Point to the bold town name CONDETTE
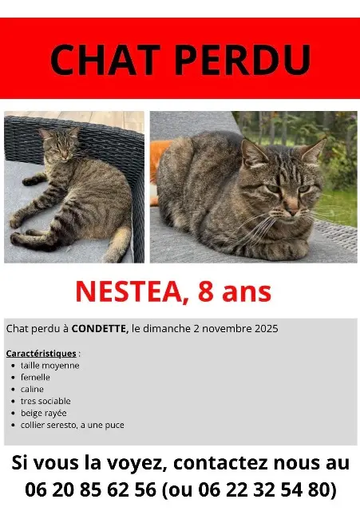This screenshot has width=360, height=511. [105, 329]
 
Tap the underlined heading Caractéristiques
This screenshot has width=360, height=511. [41, 352]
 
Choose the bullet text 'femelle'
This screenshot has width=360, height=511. [36, 377]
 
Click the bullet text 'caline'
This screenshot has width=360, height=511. [33, 389]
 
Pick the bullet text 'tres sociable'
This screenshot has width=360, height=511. [46, 401]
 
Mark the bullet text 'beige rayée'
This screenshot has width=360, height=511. [44, 413]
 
